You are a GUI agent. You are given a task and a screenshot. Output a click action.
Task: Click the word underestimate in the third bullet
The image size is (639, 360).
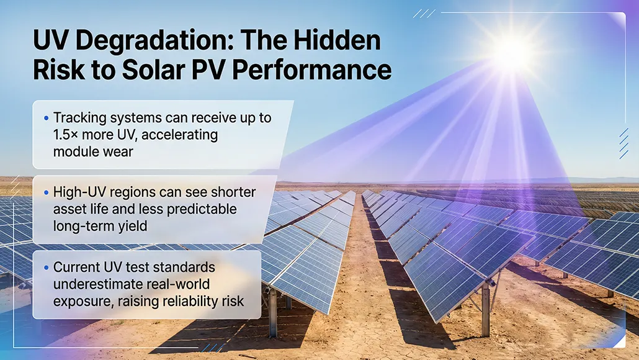(100, 284)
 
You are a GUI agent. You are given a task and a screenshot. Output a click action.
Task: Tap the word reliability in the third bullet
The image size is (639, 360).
(188, 301)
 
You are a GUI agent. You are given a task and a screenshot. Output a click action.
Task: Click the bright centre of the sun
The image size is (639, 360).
(512, 53)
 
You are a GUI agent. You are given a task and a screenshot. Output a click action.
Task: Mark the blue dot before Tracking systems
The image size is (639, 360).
(47, 118)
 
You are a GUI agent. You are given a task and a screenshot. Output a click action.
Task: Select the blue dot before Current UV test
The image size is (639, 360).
(47, 268)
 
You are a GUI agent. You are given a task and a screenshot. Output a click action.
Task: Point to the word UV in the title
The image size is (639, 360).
(51, 42)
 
